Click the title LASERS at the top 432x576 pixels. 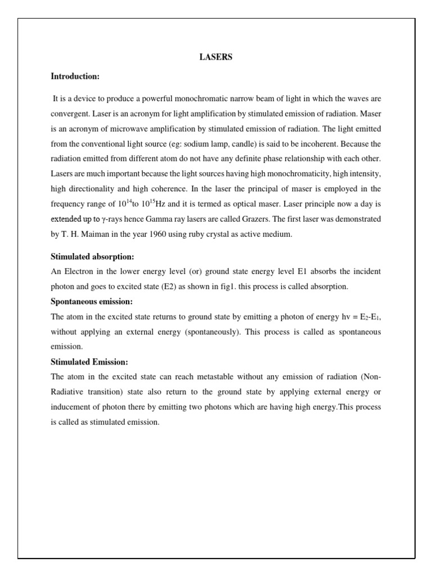coord(216,57)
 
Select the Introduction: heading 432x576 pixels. coord(75,76)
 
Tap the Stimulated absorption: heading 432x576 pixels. coord(92,257)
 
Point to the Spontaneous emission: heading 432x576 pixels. coord(92,301)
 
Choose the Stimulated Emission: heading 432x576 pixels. coord(89,362)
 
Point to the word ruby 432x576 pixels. coord(205,235)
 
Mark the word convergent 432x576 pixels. coord(69,113)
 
